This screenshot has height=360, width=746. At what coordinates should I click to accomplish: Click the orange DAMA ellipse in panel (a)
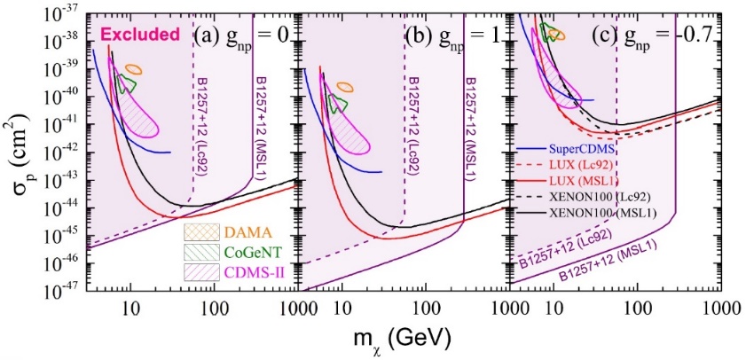[133, 69]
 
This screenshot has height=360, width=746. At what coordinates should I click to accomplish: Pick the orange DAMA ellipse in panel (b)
[344, 88]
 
